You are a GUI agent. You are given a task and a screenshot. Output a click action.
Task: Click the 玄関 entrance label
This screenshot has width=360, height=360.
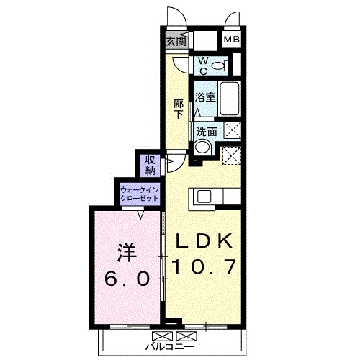(x=176, y=41)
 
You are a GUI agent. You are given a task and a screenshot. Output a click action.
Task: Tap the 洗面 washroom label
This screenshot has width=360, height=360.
(x=207, y=132)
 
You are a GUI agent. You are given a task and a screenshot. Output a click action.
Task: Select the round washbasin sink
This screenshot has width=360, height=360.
(x=202, y=148)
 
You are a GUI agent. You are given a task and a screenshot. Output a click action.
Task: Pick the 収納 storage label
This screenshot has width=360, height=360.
(x=150, y=165)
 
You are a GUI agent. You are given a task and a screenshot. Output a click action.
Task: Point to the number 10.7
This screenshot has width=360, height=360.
(x=202, y=267)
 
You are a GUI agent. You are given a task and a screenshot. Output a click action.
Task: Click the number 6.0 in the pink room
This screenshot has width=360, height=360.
(x=127, y=278)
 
